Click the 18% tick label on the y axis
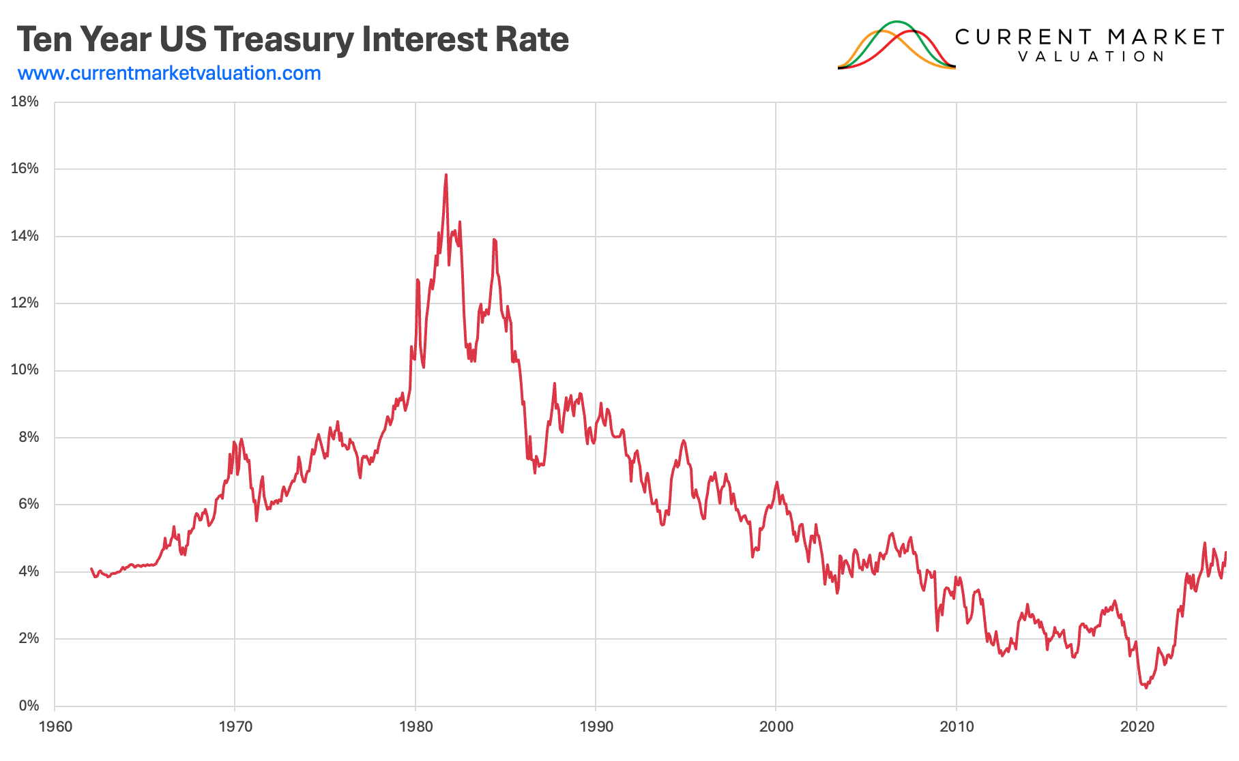(x=25, y=102)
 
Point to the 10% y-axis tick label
(x=25, y=370)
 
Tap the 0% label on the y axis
(x=29, y=705)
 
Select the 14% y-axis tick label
(x=25, y=236)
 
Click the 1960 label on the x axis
(x=55, y=726)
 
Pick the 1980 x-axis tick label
(x=416, y=726)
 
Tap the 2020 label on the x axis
(x=1137, y=726)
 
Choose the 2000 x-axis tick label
(x=776, y=726)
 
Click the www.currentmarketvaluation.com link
(x=169, y=73)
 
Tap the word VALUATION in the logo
(x=1091, y=57)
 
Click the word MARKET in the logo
(x=1165, y=37)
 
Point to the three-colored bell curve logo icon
(x=897, y=45)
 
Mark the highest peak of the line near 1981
(x=446, y=175)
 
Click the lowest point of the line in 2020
(x=1146, y=687)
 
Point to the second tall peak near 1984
(x=494, y=239)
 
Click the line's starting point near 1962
(x=91, y=569)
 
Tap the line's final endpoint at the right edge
(x=1226, y=552)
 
